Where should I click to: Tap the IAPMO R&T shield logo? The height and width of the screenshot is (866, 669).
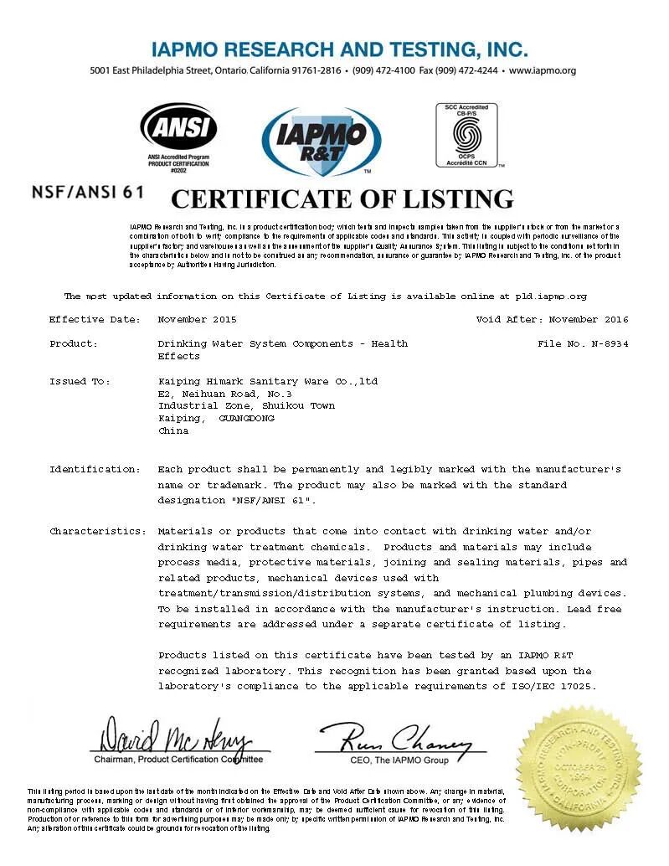[322, 141]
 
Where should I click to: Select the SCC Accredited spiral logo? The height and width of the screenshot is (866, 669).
[466, 135]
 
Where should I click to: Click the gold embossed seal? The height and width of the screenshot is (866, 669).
[579, 768]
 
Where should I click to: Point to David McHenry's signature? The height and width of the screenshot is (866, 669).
[177, 737]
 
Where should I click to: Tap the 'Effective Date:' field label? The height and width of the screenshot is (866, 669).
[89, 319]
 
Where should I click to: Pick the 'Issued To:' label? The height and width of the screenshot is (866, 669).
[80, 381]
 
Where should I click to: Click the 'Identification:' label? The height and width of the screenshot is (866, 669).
[95, 469]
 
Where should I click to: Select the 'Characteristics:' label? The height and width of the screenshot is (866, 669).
[97, 531]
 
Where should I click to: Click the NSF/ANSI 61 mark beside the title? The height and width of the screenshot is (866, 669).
[87, 191]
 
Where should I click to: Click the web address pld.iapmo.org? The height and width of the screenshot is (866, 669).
[551, 296]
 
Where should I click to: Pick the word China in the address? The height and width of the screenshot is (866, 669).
[173, 430]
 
